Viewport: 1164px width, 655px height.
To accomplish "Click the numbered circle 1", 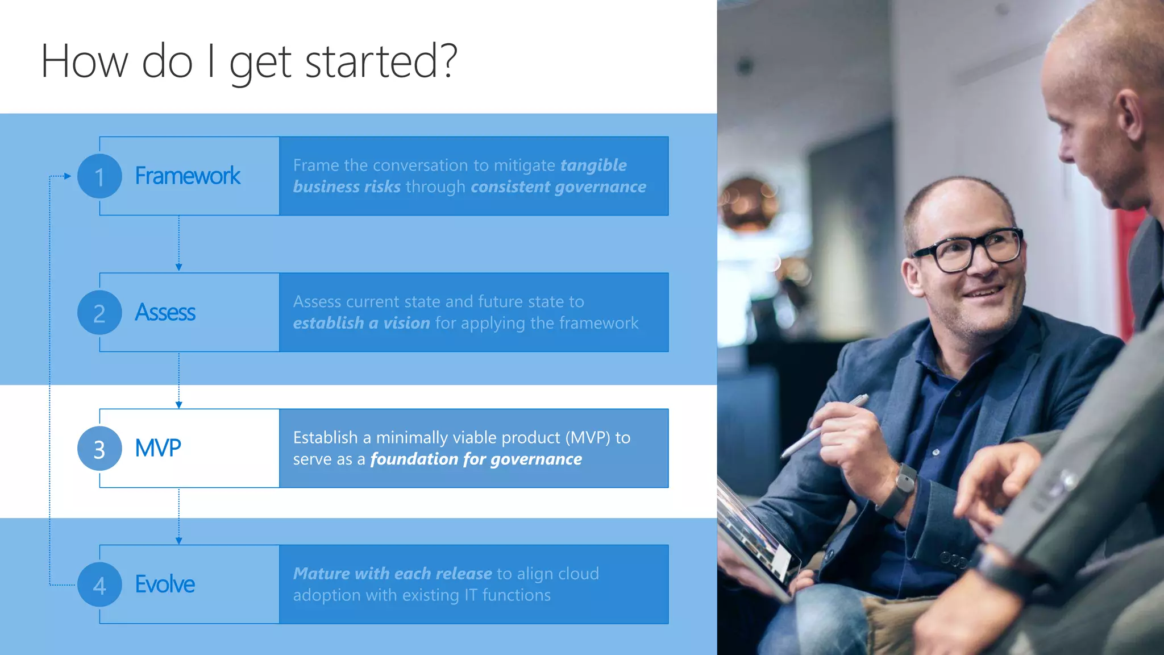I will [x=99, y=176].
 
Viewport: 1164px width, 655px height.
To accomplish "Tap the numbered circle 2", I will [x=99, y=313].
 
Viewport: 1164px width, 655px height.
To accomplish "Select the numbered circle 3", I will [x=99, y=449].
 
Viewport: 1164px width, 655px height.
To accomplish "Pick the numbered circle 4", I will [x=99, y=584].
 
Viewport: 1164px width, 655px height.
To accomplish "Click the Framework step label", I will [x=188, y=176].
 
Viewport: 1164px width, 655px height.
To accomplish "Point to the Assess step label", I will [x=165, y=313].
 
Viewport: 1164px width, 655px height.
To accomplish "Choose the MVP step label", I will [x=158, y=449].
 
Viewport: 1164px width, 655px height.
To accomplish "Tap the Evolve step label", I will [x=165, y=584].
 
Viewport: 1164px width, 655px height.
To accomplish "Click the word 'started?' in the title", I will [x=381, y=61].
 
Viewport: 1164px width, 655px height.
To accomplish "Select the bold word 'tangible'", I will [x=593, y=165].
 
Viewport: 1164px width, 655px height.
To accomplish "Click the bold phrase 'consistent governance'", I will [x=558, y=187].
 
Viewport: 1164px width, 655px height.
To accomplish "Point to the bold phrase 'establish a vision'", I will [x=361, y=324].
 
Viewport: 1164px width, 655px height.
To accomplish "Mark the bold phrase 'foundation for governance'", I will [x=476, y=459].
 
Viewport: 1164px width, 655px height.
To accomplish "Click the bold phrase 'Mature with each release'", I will [x=393, y=574].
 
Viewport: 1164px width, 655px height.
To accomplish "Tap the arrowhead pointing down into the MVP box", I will [x=179, y=405].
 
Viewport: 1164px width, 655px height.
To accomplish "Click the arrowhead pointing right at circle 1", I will [x=68, y=176].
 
